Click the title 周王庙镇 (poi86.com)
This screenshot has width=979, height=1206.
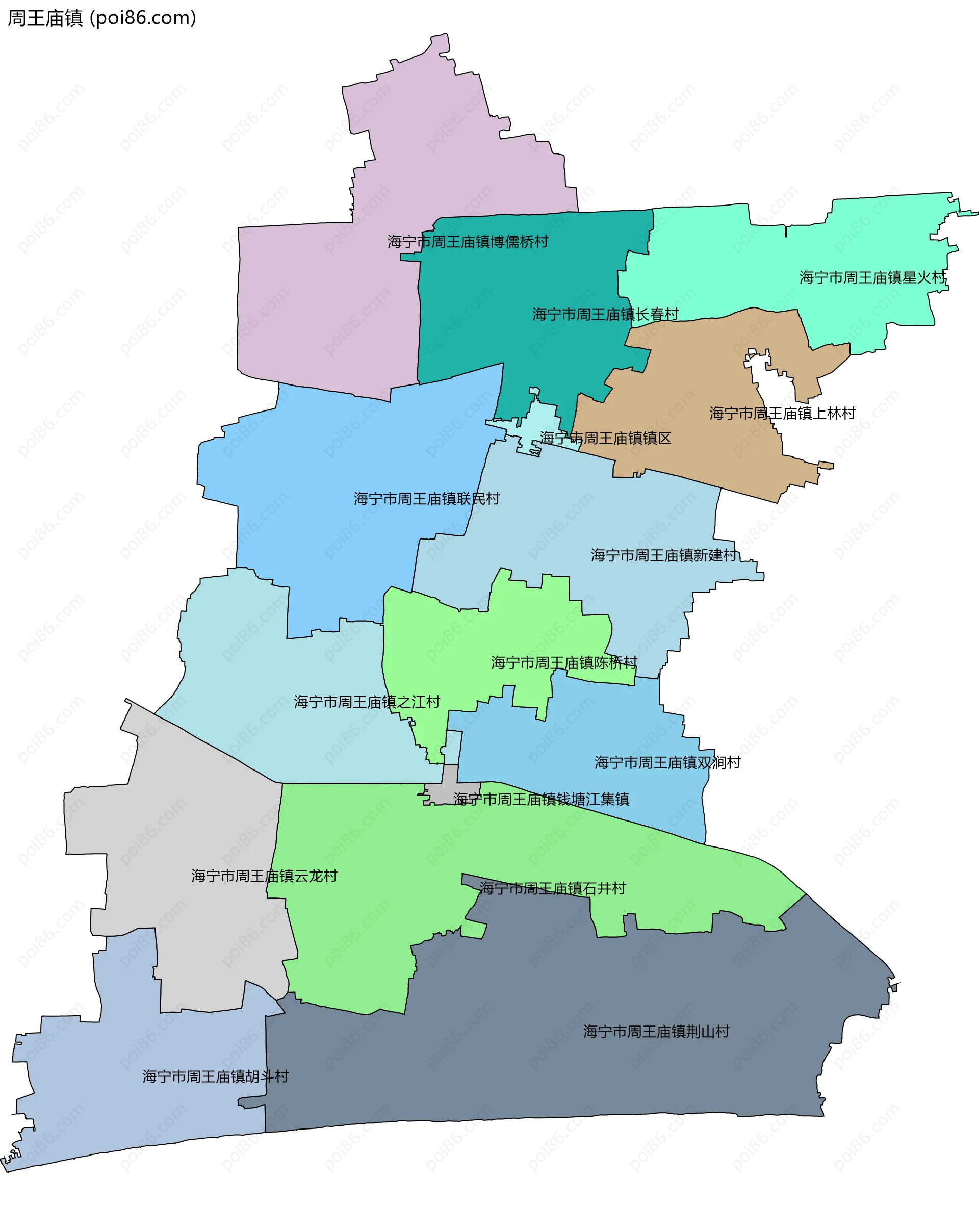pyautogui.click(x=102, y=18)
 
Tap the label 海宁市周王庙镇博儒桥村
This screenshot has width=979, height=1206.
pyautogui.click(x=468, y=242)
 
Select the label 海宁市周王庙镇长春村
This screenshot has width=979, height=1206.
pyautogui.click(x=605, y=314)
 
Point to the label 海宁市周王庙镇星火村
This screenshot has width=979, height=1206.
pyautogui.click(x=872, y=277)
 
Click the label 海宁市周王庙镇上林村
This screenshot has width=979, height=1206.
pyautogui.click(x=782, y=414)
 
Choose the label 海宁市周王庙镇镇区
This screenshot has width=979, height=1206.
pyautogui.click(x=606, y=438)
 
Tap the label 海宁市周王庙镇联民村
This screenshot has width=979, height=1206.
pyautogui.click(x=426, y=499)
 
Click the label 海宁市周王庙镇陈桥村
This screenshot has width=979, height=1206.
pyautogui.click(x=564, y=662)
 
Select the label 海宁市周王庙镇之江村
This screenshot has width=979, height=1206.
pyautogui.click(x=367, y=702)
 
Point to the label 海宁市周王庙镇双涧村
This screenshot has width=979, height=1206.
pyautogui.click(x=667, y=763)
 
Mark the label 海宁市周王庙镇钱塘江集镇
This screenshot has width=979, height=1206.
pyautogui.click(x=542, y=799)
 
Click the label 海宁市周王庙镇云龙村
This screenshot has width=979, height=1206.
pyautogui.click(x=264, y=876)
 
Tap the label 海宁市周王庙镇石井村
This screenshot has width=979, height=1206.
pyautogui.click(x=553, y=888)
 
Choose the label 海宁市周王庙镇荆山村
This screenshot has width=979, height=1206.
pyautogui.click(x=656, y=1032)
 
